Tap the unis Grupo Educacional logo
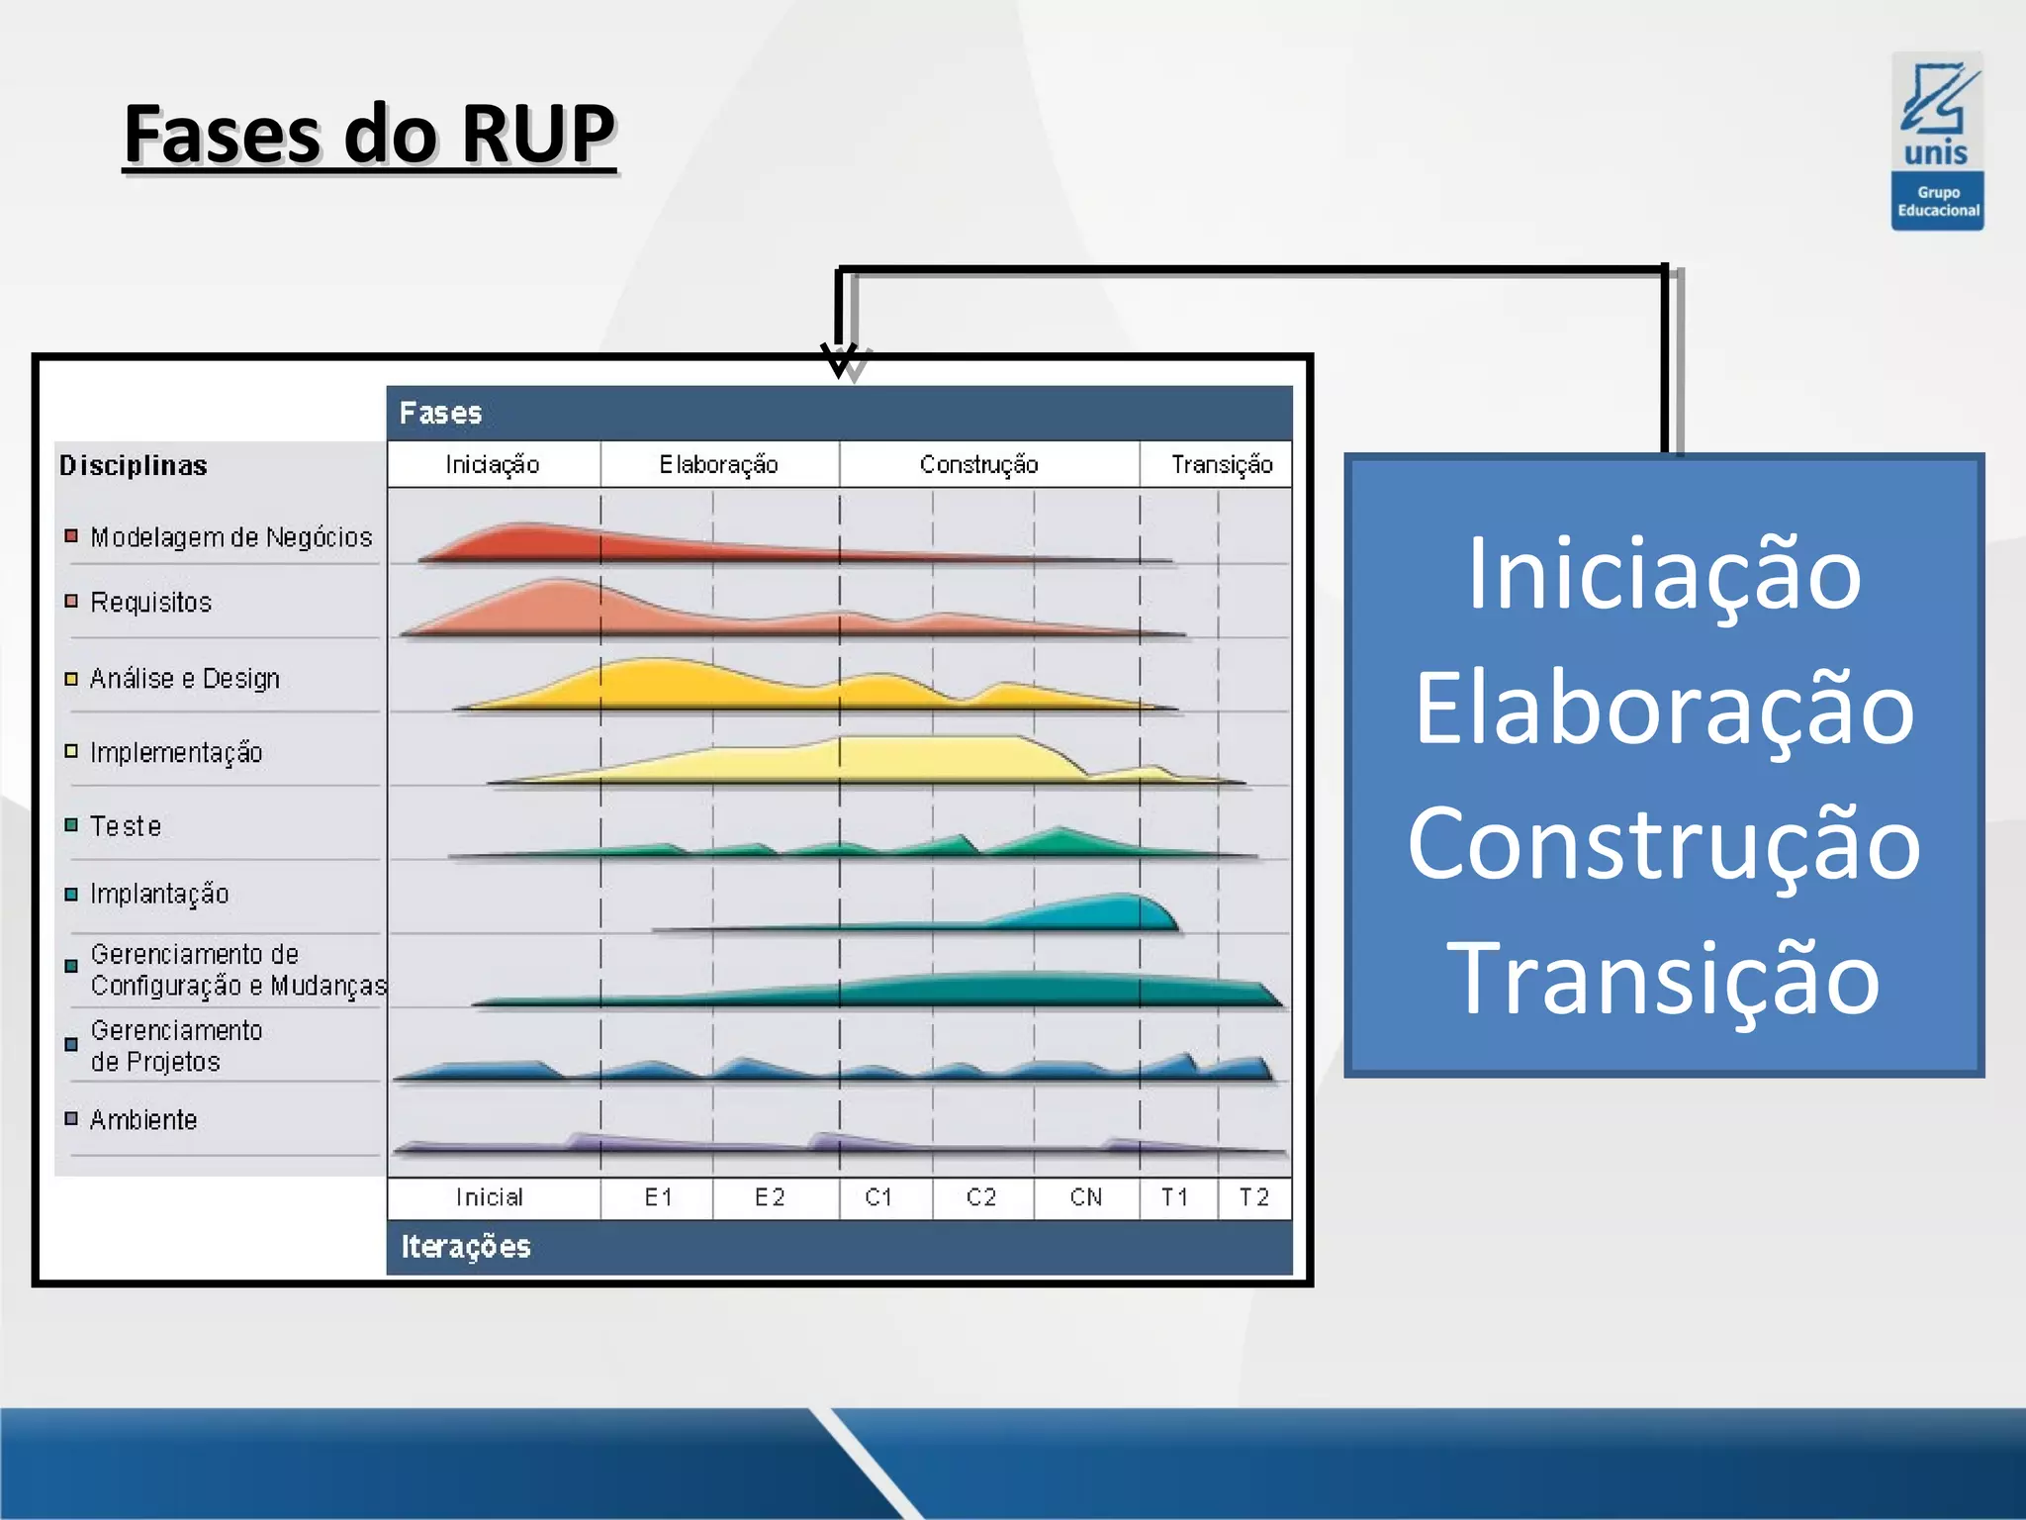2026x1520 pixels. [1937, 142]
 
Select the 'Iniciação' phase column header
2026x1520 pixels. [493, 464]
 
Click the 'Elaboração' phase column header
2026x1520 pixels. [719, 464]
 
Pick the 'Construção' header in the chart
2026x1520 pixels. [978, 464]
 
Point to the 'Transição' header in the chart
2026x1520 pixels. [1221, 464]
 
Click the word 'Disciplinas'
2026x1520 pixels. [134, 465]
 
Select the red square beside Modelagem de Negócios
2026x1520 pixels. [71, 536]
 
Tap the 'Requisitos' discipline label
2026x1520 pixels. [151, 602]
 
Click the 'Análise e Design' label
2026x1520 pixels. [185, 678]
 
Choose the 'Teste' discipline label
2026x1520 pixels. [126, 825]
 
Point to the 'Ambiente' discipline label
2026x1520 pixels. [143, 1119]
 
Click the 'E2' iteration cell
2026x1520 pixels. [770, 1197]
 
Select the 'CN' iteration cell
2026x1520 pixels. [1085, 1197]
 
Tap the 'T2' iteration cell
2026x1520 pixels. [1253, 1197]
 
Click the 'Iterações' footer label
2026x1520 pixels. [466, 1247]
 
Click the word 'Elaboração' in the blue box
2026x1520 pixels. [1664, 709]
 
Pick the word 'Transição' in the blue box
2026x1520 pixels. [1664, 978]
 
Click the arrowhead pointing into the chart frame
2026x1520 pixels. [839, 360]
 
